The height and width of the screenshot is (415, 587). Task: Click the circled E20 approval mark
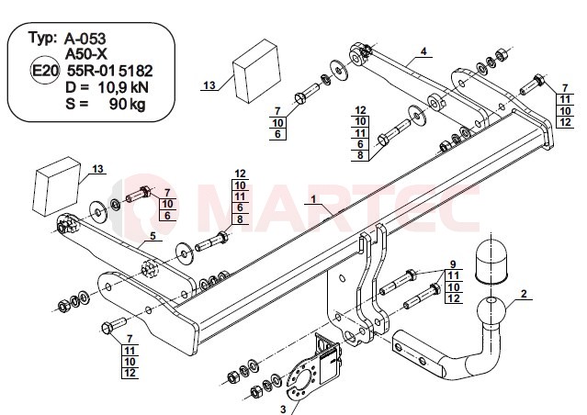[x=44, y=71]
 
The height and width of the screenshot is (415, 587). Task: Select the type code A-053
[x=85, y=39]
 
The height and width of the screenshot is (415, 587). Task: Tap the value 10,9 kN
[x=123, y=87]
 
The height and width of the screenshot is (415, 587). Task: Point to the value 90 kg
[x=128, y=105]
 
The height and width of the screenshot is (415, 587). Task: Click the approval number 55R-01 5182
[x=109, y=71]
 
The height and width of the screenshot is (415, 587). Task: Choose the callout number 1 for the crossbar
[x=313, y=198]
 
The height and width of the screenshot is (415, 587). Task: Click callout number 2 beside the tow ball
[x=524, y=294]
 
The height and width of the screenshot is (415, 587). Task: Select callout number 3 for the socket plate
[x=283, y=409]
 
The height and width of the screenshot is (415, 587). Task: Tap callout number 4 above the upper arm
[x=423, y=51]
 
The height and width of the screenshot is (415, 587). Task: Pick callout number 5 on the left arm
[x=152, y=236]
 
